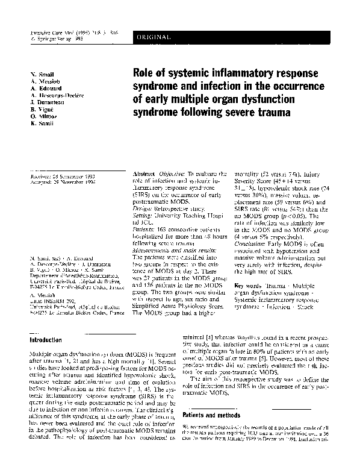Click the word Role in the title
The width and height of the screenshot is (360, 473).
point(144,74)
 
